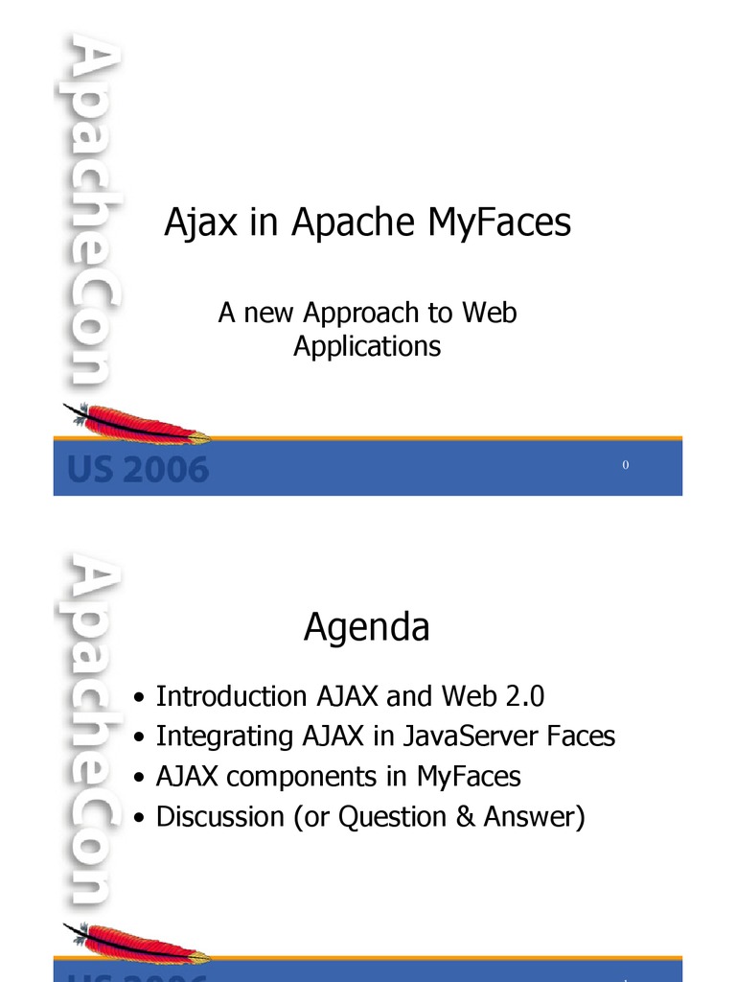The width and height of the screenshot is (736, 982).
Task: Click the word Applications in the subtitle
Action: [x=367, y=346]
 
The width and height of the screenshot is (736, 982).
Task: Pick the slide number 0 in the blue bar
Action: [x=625, y=465]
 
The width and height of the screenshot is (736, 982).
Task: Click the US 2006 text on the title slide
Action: [x=137, y=470]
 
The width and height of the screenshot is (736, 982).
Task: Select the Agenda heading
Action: [x=367, y=629]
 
